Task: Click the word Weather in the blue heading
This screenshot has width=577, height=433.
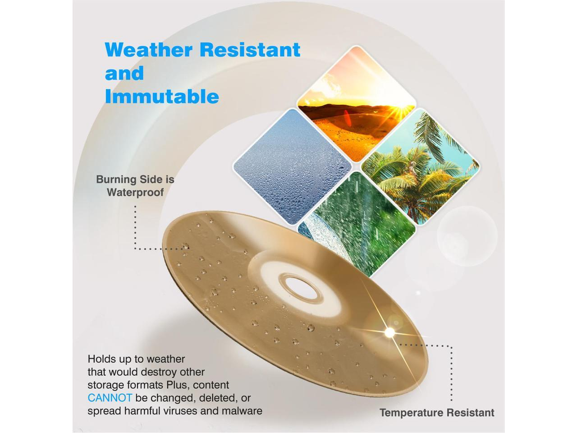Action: coord(148,50)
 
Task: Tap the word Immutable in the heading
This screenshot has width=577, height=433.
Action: coord(162,97)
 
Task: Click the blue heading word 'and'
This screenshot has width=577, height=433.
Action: coord(124,73)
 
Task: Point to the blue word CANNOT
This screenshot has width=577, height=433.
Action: coord(110,398)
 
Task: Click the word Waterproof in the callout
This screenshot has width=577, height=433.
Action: coord(135,192)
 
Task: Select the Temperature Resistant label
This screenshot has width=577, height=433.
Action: coord(437,413)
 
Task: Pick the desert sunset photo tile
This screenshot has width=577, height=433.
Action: coord(357,104)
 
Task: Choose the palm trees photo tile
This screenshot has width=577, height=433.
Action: coord(420,166)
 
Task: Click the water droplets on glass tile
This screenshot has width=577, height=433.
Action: coord(292,167)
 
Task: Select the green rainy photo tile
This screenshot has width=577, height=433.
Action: coord(357,224)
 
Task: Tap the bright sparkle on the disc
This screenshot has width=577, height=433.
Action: coord(389,332)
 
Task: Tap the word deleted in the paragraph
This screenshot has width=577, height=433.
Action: coord(219,398)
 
